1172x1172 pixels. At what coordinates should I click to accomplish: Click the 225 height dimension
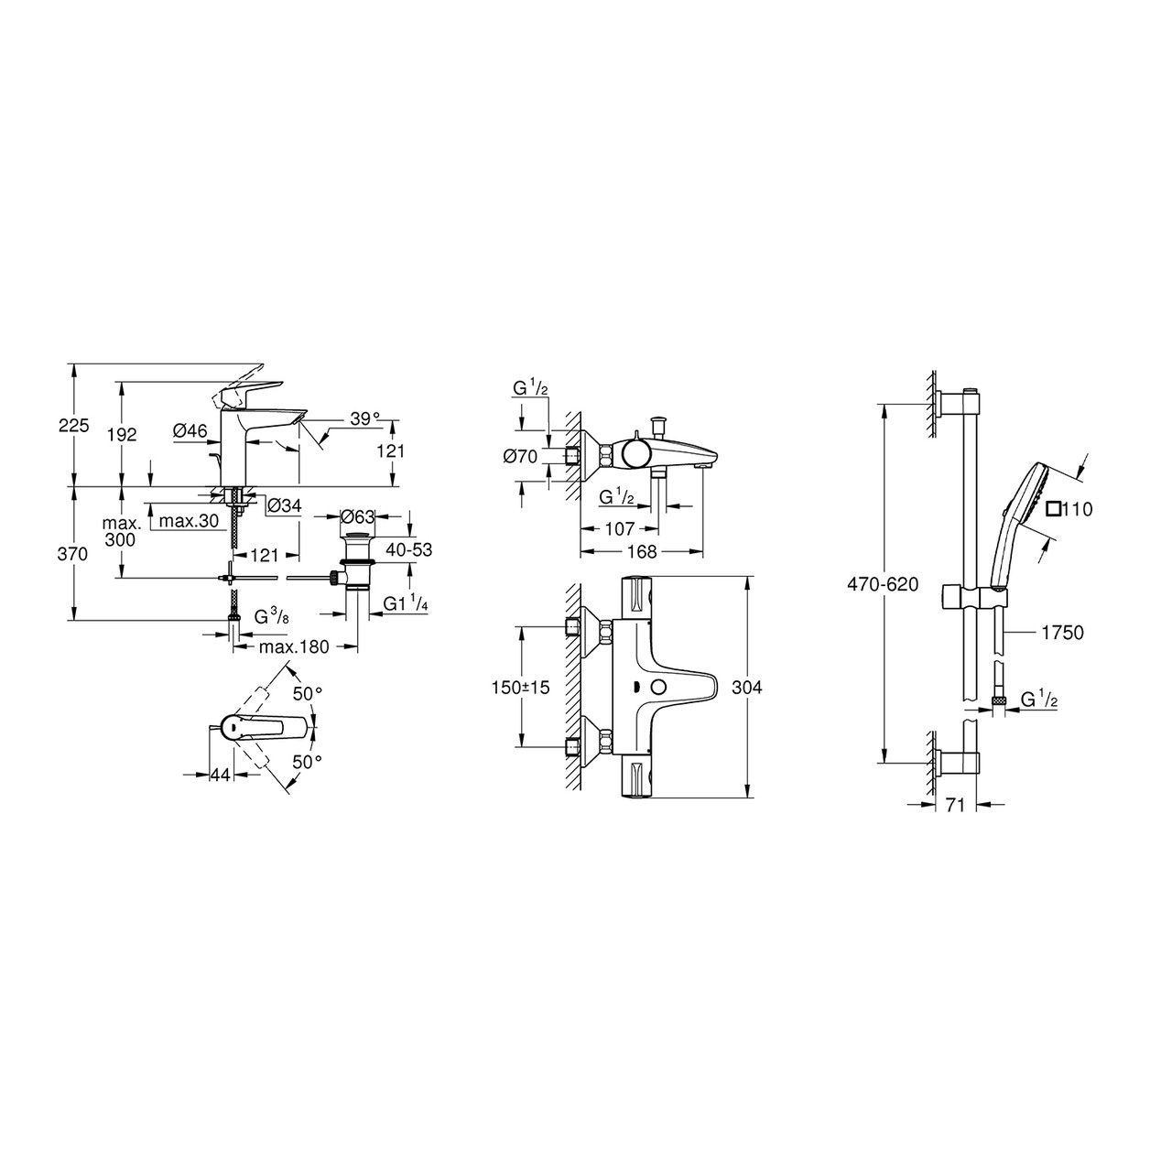point(73,425)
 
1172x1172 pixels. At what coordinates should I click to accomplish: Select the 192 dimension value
point(122,434)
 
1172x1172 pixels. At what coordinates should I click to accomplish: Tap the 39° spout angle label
point(364,419)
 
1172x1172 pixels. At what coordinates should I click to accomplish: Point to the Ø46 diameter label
point(190,431)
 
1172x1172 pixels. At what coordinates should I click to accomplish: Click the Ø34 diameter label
point(285,505)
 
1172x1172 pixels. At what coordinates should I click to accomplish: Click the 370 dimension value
point(73,554)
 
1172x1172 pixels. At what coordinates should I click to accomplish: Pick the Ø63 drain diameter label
point(358,516)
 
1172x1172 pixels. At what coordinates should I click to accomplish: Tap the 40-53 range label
point(408,549)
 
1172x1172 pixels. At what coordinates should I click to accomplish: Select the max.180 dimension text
point(294,646)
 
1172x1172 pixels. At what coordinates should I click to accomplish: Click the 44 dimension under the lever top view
point(220,775)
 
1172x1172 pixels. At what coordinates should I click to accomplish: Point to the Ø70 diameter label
point(521,456)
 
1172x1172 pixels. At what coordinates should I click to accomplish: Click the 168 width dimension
point(642,551)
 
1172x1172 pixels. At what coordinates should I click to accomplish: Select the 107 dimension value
point(620,528)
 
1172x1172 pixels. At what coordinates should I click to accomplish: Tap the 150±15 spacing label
point(520,688)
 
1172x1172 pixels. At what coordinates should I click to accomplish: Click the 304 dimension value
point(747,688)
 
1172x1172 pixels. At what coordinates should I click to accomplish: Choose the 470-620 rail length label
point(883,584)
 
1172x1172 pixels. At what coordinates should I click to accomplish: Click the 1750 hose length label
point(1063,633)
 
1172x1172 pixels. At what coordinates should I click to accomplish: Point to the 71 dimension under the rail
point(956,805)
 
